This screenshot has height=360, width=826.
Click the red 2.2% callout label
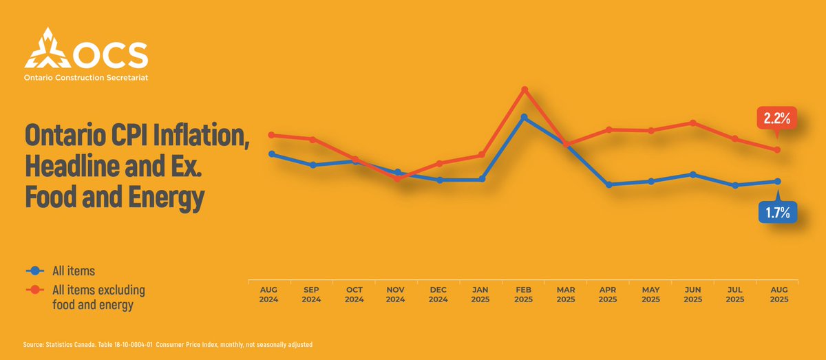(x=776, y=118)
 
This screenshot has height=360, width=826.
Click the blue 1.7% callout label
(x=777, y=213)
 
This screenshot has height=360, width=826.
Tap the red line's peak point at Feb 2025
(x=525, y=89)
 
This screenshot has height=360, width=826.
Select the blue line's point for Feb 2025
(x=525, y=118)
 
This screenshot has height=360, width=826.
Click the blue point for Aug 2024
(x=272, y=154)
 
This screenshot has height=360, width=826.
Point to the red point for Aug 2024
(x=272, y=135)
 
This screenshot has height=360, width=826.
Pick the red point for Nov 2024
(x=398, y=178)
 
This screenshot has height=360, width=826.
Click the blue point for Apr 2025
(x=609, y=184)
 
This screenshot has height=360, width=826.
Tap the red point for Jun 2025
(x=693, y=123)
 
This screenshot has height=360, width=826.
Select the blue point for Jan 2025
(x=483, y=179)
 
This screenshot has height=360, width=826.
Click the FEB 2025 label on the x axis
(x=524, y=295)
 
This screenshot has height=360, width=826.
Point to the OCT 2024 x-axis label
(x=354, y=295)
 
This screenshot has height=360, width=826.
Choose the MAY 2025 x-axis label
(x=650, y=295)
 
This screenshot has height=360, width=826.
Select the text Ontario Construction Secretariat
(x=85, y=78)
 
